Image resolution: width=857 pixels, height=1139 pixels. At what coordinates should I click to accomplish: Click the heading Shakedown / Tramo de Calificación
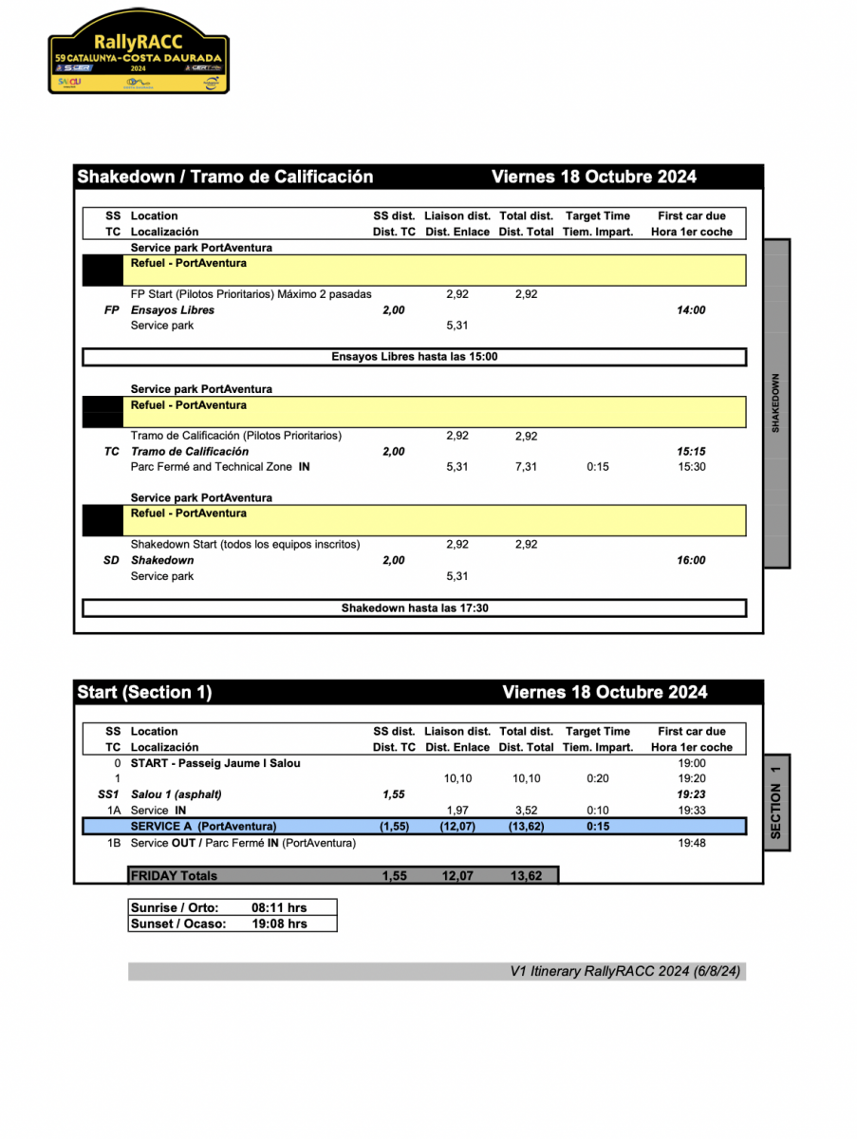tap(225, 177)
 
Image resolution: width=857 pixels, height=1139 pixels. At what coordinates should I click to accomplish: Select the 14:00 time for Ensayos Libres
tap(691, 310)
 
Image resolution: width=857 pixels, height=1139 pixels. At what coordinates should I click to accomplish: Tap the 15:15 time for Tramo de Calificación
tap(691, 452)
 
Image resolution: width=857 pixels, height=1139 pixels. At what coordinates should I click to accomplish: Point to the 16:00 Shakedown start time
tap(691, 561)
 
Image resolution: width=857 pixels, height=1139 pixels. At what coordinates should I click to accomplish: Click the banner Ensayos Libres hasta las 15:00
tap(414, 357)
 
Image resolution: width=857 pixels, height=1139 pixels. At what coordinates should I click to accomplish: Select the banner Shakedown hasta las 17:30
tap(414, 608)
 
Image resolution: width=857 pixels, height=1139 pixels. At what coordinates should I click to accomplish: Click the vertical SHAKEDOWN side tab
tap(776, 403)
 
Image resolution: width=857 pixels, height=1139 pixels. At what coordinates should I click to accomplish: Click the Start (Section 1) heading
tap(144, 693)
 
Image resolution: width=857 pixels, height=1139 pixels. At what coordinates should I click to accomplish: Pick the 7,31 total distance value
tap(526, 467)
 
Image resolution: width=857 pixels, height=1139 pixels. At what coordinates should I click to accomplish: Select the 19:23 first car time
tap(691, 794)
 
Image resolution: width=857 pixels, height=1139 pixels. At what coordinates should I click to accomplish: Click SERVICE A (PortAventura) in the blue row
tap(203, 827)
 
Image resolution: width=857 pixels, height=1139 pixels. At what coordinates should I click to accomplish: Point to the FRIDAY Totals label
tap(174, 876)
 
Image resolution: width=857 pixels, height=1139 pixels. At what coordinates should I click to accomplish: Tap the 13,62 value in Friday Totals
tap(526, 876)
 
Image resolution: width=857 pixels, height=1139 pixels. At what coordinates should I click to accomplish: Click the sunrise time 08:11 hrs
tap(279, 907)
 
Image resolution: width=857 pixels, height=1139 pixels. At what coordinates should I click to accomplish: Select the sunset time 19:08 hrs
tap(279, 924)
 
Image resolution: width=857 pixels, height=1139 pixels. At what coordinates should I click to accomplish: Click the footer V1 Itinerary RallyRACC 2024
tap(626, 971)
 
